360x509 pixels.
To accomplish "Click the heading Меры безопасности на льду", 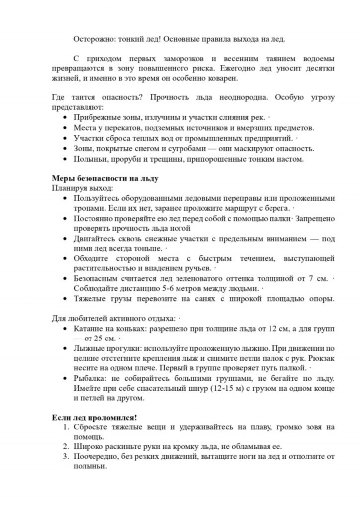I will pyautogui.click(x=105, y=178).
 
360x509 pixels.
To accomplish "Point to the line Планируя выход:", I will pyautogui.click(x=82, y=188).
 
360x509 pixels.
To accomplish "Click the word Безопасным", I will pyautogui.click(x=97, y=278).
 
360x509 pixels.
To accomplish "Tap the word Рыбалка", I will pyautogui.click(x=90, y=379).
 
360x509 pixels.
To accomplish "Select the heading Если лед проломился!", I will pyautogui.click(x=94, y=417).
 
